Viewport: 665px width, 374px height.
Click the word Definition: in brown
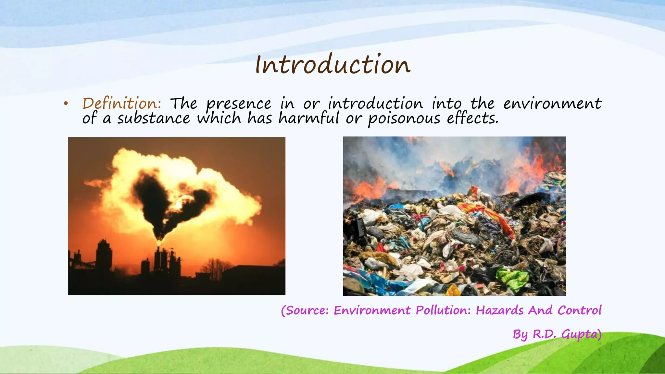[122, 104]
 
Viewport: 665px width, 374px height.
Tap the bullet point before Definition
[66, 104]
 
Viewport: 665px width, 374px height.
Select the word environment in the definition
[552, 104]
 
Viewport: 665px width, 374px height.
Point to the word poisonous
[404, 118]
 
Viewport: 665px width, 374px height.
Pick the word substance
[154, 118]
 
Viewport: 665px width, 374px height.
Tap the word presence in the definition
[239, 104]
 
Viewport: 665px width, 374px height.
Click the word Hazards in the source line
[499, 310]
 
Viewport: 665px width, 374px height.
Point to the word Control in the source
[580, 310]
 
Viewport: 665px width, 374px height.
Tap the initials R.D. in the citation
[545, 334]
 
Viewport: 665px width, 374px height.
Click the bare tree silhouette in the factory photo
[214, 268]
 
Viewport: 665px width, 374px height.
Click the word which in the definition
[219, 118]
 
